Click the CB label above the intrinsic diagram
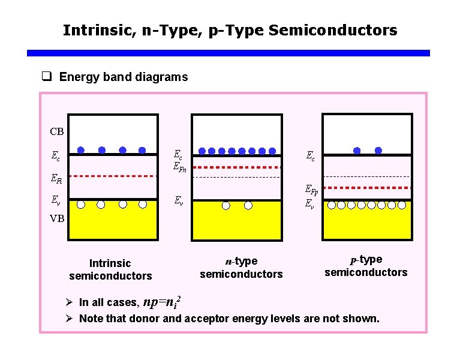pos(57,131)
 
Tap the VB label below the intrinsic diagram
pos(57,218)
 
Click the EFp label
pos(311,191)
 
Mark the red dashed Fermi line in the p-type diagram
pos(366,188)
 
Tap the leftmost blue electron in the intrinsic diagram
pos(81,150)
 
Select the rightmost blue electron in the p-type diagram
pos(378,151)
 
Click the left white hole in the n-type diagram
pos(226,205)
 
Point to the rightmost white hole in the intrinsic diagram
pos(143,205)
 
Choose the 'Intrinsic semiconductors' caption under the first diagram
pos(110,269)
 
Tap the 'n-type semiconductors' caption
pos(241,268)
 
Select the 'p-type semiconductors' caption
pos(366,266)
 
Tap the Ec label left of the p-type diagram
pos(310,155)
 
